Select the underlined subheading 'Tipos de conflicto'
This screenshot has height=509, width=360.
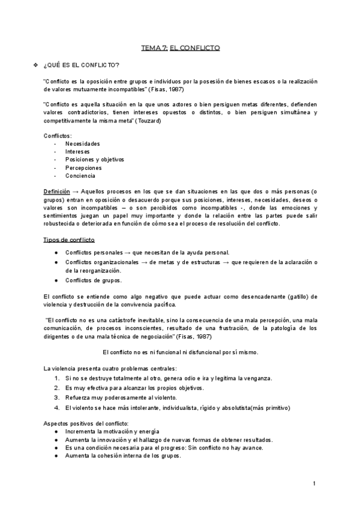click(x=69, y=239)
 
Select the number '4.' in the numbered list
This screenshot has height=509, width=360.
click(x=56, y=408)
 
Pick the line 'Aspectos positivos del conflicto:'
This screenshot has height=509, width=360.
click(x=82, y=424)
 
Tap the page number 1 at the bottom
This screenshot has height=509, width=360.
click(x=314, y=483)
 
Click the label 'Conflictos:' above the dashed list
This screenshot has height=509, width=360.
click(x=58, y=136)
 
